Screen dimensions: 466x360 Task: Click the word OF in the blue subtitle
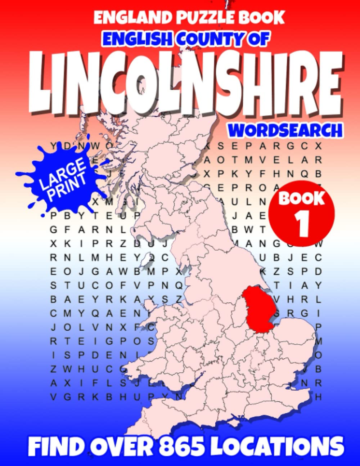[x=259, y=39]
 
